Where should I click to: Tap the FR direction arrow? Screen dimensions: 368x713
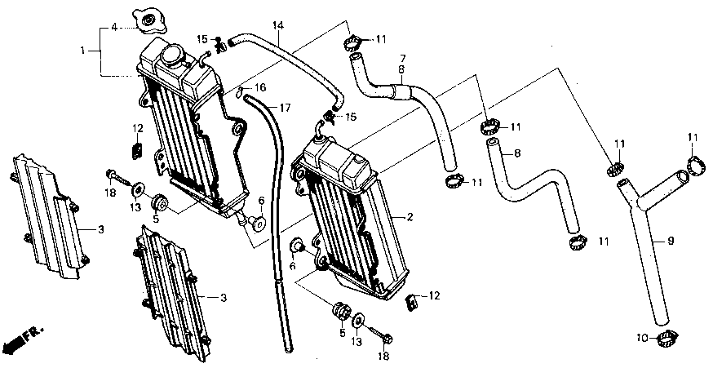(18, 339)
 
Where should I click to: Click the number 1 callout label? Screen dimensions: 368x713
(82, 51)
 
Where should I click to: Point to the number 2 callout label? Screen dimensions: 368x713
(410, 217)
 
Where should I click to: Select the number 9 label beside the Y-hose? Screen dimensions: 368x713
(671, 242)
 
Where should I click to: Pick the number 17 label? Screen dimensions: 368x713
(285, 108)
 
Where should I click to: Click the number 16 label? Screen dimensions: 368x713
(261, 86)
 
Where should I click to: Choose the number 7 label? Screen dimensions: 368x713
(402, 58)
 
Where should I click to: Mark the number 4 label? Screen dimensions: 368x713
(114, 29)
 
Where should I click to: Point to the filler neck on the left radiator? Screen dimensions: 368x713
(173, 55)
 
